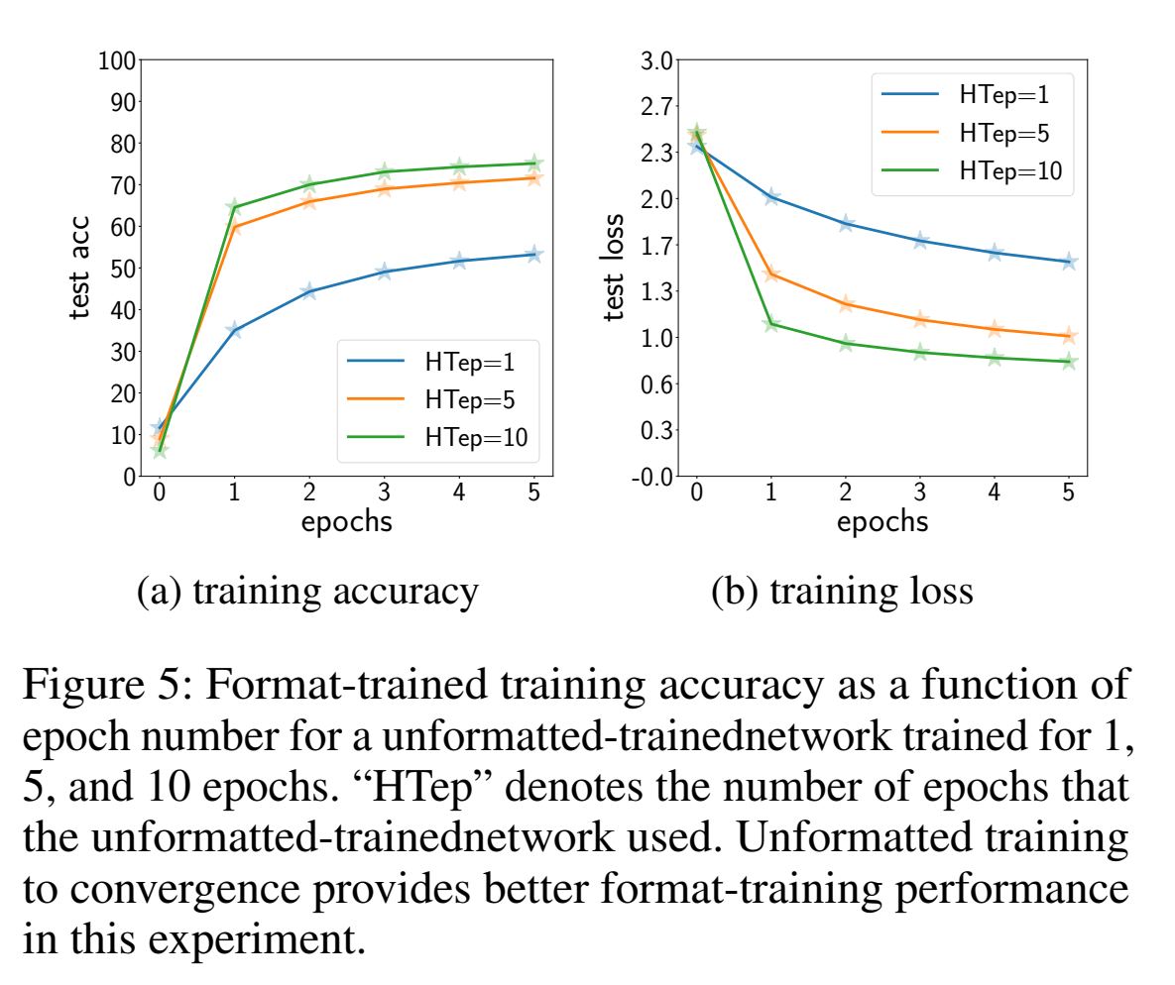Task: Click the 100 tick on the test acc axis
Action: point(116,61)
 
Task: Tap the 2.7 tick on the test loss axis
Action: point(655,107)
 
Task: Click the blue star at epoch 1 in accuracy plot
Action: point(234,330)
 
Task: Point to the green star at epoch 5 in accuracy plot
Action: point(533,164)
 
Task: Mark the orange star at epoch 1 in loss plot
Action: point(770,274)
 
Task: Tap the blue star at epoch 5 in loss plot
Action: point(1068,262)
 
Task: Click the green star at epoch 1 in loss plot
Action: point(770,324)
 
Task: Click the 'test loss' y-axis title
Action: point(616,268)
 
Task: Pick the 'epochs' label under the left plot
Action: point(346,522)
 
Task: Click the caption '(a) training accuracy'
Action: point(307,592)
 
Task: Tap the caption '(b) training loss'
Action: point(842,592)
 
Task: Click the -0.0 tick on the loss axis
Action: point(651,477)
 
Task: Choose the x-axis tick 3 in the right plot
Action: point(919,492)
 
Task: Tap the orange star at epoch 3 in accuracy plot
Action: point(384,188)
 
